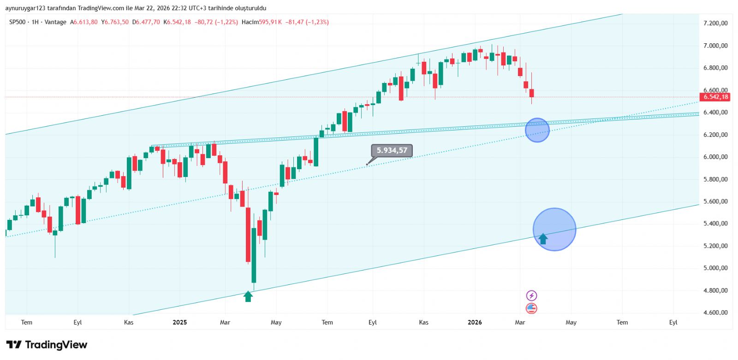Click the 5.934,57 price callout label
[392, 150]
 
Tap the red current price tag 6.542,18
[715, 97]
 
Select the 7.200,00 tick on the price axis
[715, 23]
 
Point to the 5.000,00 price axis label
[715, 268]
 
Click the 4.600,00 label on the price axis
[715, 313]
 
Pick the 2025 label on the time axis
[179, 322]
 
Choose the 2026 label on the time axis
[475, 322]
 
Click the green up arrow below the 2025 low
[248, 296]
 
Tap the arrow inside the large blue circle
[543, 238]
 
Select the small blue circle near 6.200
[537, 130]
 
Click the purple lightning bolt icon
[531, 295]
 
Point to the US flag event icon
[531, 308]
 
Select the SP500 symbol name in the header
[18, 22]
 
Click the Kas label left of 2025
[129, 322]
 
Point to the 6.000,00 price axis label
[715, 157]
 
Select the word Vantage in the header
[55, 22]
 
